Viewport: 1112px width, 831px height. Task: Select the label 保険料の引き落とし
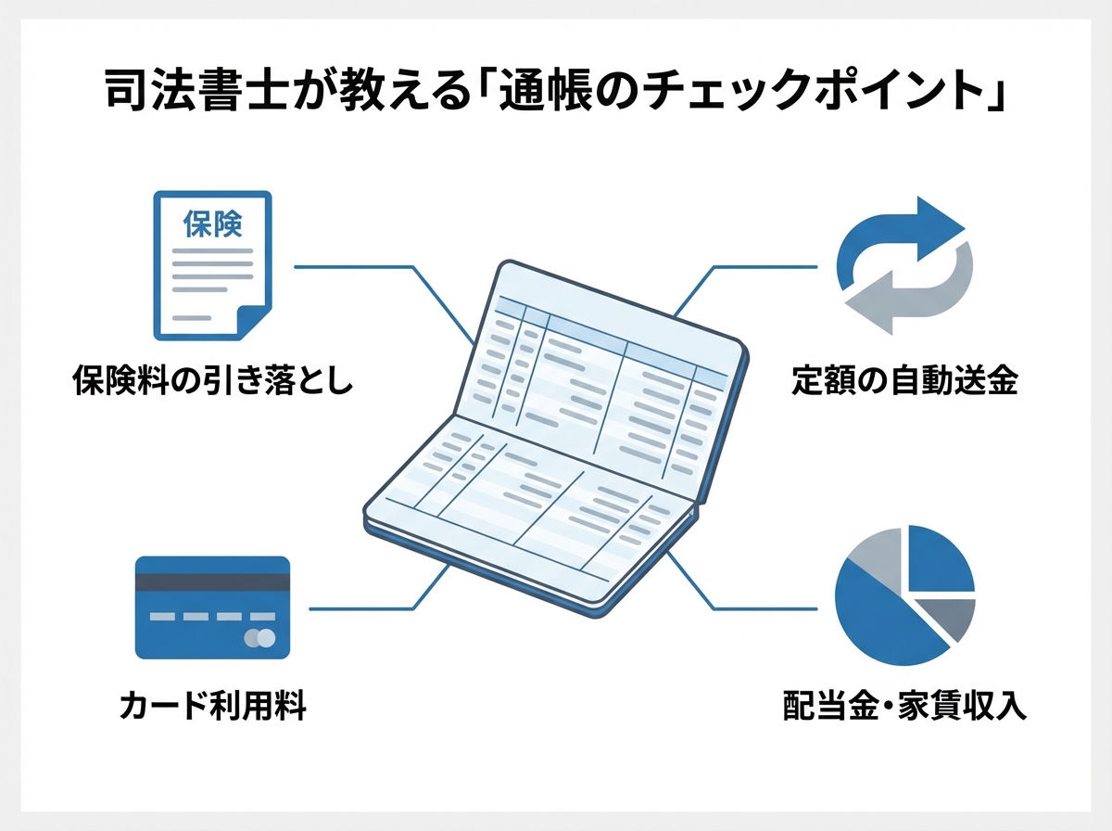(x=213, y=381)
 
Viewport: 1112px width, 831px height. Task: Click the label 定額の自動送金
(x=904, y=381)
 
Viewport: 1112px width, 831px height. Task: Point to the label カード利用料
(x=212, y=708)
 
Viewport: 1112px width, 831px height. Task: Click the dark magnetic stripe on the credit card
(x=212, y=582)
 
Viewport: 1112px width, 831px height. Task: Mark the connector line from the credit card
(x=371, y=609)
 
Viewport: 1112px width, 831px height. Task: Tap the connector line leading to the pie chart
(x=760, y=609)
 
